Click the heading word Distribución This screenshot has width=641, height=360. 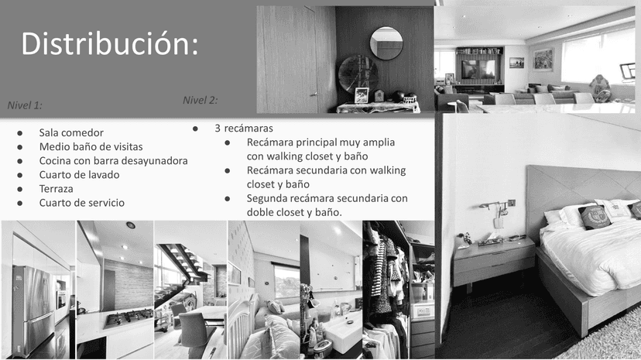click(x=110, y=43)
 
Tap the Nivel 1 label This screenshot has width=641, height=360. click(x=25, y=105)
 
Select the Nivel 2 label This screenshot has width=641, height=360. click(x=200, y=100)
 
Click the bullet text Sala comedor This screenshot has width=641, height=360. click(x=71, y=133)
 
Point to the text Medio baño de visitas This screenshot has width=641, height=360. click(x=91, y=146)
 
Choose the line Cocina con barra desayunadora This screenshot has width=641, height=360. click(x=113, y=160)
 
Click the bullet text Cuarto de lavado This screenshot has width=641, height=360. click(x=79, y=175)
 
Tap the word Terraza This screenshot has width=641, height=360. click(x=56, y=189)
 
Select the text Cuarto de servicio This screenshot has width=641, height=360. click(x=82, y=203)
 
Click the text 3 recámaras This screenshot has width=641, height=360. click(x=244, y=129)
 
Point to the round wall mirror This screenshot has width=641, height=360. click(x=386, y=43)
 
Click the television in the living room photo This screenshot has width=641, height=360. click(x=478, y=70)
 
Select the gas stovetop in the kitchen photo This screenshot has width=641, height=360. click(x=129, y=317)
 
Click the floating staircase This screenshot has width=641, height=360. click(x=180, y=269)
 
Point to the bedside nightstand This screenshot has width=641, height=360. click(x=493, y=262)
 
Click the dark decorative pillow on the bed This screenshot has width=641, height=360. click(x=595, y=216)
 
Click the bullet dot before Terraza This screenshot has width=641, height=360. click(x=19, y=189)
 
